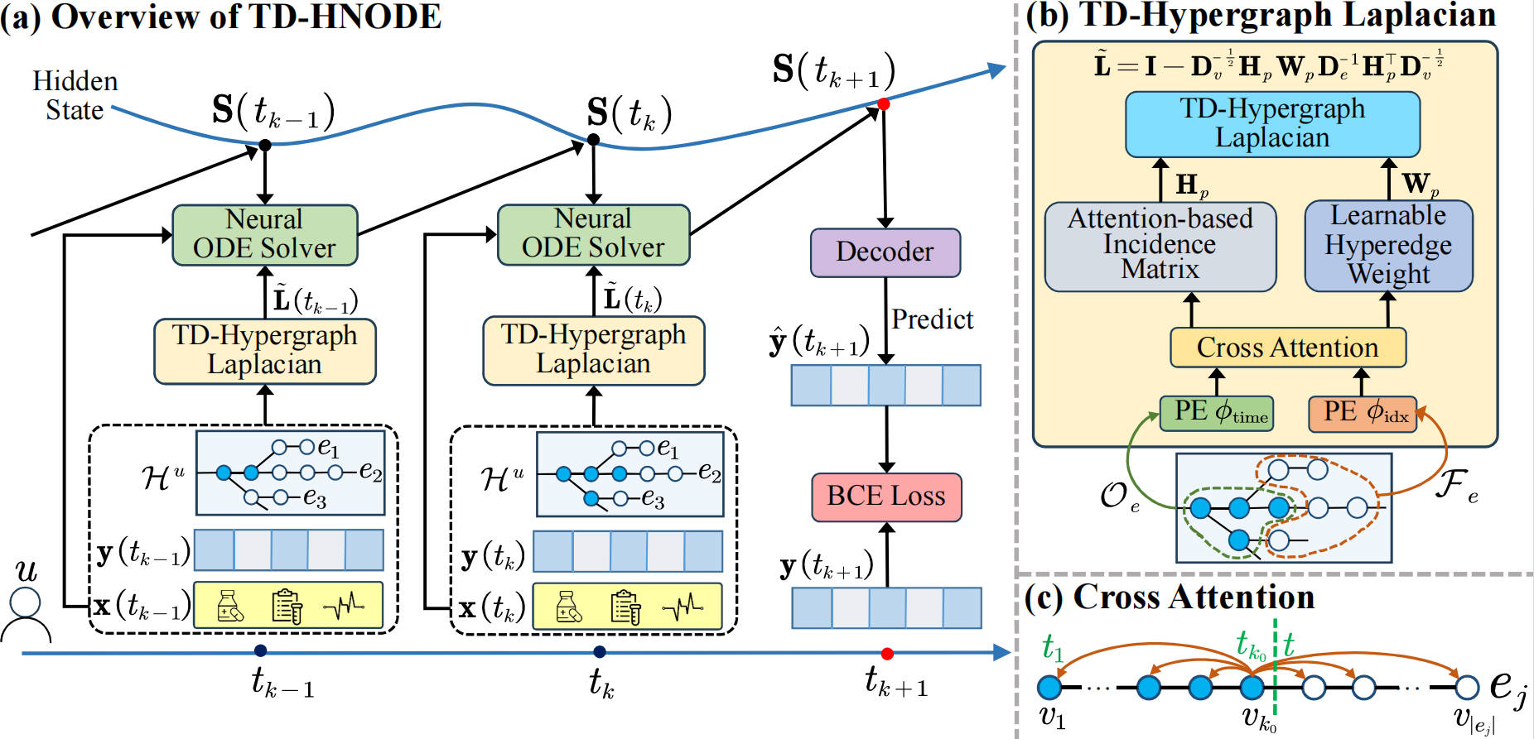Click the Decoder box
click(885, 252)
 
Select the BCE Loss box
click(885, 497)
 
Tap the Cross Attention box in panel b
click(1287, 348)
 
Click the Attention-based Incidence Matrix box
click(1160, 246)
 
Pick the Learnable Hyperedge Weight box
click(1388, 246)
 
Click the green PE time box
click(1216, 412)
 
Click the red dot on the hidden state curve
click(884, 104)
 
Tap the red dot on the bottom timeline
click(887, 654)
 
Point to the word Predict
click(932, 319)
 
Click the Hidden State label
click(75, 95)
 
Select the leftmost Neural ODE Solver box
click(264, 235)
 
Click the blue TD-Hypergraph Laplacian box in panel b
click(1272, 123)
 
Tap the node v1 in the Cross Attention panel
click(1049, 687)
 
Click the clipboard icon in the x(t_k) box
click(625, 607)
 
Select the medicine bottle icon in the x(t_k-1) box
click(229, 607)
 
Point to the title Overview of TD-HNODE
click(247, 17)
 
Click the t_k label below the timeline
click(601, 684)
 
